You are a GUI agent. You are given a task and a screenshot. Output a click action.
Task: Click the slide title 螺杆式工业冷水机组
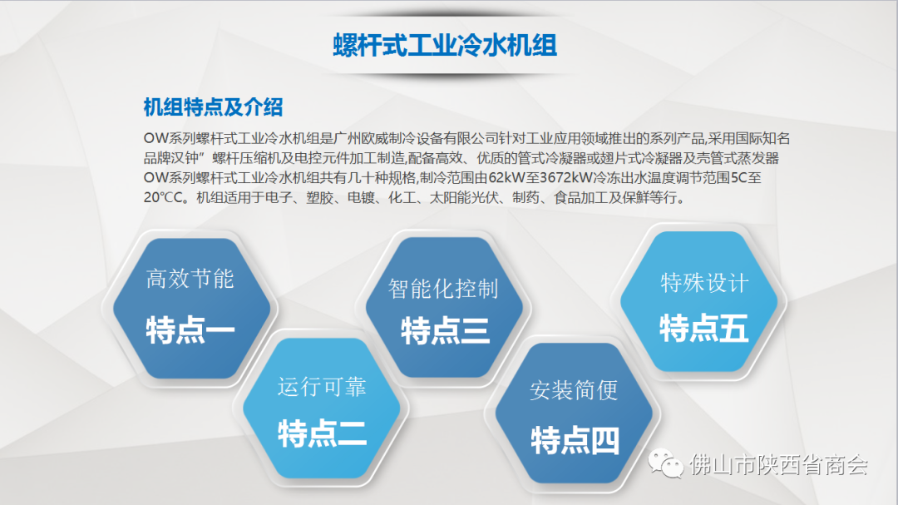tap(445, 45)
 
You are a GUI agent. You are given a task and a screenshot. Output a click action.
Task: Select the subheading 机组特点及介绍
tap(213, 107)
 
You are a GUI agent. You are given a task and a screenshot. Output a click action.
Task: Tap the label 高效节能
tap(190, 280)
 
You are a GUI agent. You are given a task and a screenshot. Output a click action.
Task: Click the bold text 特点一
tap(190, 330)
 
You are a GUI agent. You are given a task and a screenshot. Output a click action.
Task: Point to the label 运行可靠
tap(322, 387)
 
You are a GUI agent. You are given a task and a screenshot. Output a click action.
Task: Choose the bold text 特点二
tap(322, 433)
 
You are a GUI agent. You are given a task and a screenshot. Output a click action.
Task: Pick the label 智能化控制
tap(443, 289)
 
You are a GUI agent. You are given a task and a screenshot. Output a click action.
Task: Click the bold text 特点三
tap(446, 331)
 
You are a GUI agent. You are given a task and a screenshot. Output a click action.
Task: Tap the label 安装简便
tap(574, 390)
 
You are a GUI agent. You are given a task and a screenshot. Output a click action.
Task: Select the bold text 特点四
tap(575, 441)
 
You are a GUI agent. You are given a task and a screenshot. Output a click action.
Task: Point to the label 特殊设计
tap(704, 283)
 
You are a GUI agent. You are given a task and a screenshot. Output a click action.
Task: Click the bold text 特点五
tap(704, 329)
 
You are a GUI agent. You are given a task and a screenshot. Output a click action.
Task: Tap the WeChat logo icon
tap(665, 463)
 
